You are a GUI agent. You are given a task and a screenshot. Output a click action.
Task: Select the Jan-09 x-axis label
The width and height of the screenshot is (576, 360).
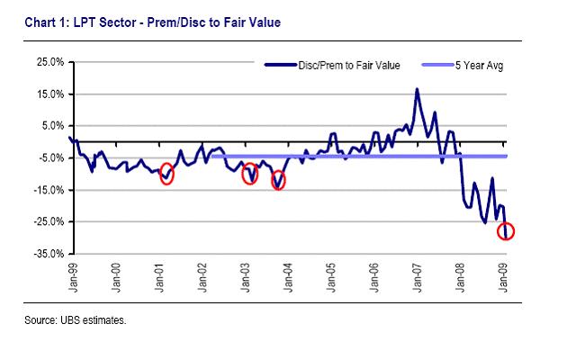pos(505,274)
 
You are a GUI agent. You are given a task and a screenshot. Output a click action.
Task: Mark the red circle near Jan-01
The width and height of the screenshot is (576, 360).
pos(166,175)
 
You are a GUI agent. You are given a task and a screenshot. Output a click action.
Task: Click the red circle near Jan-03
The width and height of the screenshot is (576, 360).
pos(250,174)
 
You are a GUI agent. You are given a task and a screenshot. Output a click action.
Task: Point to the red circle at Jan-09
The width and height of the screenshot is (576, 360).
pos(506,232)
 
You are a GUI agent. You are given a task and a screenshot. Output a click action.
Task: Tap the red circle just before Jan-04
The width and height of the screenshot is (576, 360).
pos(279,181)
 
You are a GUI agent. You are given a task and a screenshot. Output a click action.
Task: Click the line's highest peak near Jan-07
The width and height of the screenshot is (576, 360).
pos(417,89)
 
